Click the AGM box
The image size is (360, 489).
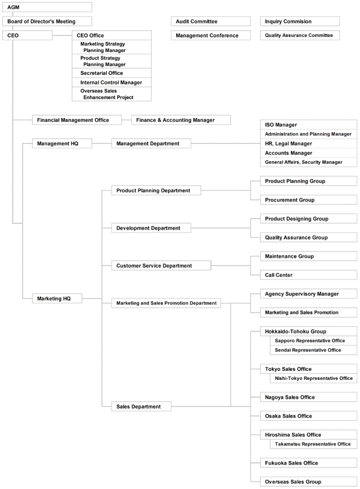[x=47, y=7]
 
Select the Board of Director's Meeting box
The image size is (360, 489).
[x=47, y=21]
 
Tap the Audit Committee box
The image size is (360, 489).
[x=211, y=21]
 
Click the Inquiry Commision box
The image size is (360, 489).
[x=300, y=21]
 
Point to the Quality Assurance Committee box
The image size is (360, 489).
[x=300, y=35]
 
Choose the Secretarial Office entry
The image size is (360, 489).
[x=112, y=73]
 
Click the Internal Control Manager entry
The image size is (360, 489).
[x=112, y=83]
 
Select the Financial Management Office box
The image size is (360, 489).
[x=77, y=120]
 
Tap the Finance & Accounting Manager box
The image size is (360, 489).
[x=181, y=120]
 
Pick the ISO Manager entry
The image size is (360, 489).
[x=308, y=125]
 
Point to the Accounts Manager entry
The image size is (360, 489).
[x=308, y=153]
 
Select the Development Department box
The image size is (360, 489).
[x=151, y=228]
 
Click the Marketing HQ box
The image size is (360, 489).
[x=57, y=298]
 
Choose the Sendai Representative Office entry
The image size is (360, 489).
[x=313, y=350]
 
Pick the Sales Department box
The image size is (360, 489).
[x=141, y=406]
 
